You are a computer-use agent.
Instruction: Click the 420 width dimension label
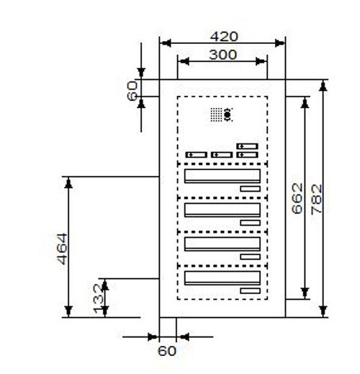tap(224, 37)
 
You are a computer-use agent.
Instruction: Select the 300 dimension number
tap(223, 55)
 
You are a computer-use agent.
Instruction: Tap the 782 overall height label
tap(316, 199)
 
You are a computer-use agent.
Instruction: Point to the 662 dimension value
tap(297, 198)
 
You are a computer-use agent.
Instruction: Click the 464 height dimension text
tap(62, 249)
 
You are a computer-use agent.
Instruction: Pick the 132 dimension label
tap(99, 299)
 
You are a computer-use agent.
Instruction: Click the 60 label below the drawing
tap(167, 351)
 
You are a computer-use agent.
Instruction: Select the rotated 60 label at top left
tap(132, 91)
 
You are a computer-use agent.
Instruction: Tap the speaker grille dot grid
tap(216, 115)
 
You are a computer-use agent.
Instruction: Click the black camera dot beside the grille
tap(228, 115)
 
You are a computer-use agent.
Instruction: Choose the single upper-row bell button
tap(247, 146)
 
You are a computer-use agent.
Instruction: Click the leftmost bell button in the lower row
tap(197, 155)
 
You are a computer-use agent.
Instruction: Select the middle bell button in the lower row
tap(222, 155)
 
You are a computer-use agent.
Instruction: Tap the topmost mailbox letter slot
tap(222, 176)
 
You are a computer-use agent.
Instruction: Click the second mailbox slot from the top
tap(222, 210)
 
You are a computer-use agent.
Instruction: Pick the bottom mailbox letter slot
tap(222, 278)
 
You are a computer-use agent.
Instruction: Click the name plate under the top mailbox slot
tap(251, 189)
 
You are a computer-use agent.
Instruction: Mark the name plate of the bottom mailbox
tap(251, 291)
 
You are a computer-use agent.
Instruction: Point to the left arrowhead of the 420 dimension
tap(166, 43)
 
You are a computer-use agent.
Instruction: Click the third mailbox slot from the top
tap(222, 244)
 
